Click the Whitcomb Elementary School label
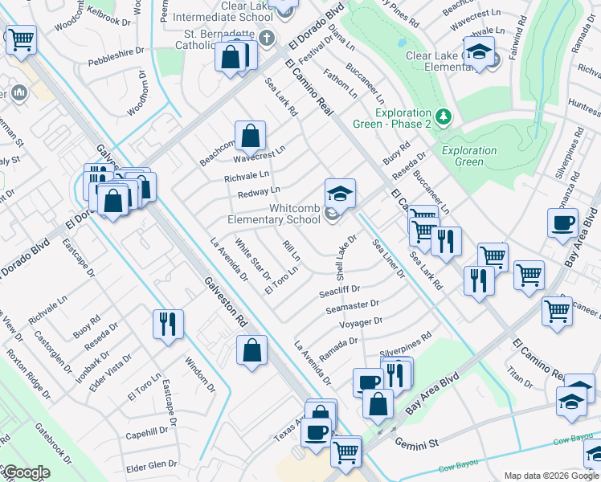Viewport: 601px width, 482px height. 273,214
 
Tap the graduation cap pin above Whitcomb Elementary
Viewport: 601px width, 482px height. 340,194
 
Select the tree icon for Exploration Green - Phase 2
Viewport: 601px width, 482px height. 443,116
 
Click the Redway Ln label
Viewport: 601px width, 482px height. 259,192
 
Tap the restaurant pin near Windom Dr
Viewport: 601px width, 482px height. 169,324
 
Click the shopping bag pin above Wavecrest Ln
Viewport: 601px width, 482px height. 249,136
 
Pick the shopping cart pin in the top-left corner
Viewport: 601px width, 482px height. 21,39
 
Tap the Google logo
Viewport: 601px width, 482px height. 27,472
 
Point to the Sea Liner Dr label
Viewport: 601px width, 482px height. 388,259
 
